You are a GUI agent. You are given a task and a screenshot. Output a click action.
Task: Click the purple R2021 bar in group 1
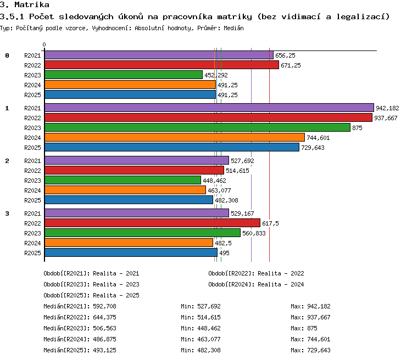pyautogui.click(x=209, y=108)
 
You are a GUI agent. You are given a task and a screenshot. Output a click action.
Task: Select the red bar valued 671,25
pyautogui.click(x=162, y=65)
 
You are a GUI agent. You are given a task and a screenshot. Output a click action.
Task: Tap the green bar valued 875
pyautogui.click(x=197, y=127)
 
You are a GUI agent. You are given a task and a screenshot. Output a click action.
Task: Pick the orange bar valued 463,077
pyautogui.click(x=125, y=190)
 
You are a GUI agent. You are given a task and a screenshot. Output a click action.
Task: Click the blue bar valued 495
pyautogui.click(x=131, y=252)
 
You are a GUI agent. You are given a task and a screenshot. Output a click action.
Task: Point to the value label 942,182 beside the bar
pyautogui.click(x=387, y=108)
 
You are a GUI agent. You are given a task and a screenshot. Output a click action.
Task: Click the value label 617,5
pyautogui.click(x=270, y=223)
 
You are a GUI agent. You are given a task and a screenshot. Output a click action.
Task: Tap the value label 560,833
pyautogui.click(x=254, y=233)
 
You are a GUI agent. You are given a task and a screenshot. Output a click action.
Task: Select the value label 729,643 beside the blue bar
pyautogui.click(x=313, y=148)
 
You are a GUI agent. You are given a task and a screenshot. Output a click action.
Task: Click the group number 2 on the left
pyautogui.click(x=7, y=161)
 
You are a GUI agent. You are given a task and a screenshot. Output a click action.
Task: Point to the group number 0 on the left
pyautogui.click(x=7, y=55)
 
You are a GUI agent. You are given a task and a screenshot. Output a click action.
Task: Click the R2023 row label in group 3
pyautogui.click(x=32, y=233)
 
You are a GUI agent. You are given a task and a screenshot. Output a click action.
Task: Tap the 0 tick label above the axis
pyautogui.click(x=44, y=44)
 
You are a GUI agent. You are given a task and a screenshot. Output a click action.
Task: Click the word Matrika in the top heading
pyautogui.click(x=32, y=4)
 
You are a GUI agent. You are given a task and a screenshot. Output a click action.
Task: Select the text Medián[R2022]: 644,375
pyautogui.click(x=80, y=317)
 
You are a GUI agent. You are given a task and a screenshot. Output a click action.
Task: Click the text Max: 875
pyautogui.click(x=304, y=328)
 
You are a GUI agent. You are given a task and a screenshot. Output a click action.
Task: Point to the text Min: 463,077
pyautogui.click(x=201, y=339)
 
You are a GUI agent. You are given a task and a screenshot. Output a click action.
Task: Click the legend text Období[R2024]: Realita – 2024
pyautogui.click(x=256, y=284)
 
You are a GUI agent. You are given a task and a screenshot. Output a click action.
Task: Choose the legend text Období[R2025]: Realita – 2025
pyautogui.click(x=91, y=295)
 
